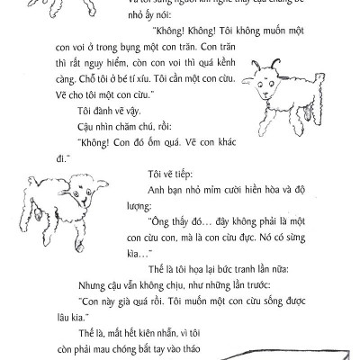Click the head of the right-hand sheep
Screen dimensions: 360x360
pyautogui.click(x=268, y=82)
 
